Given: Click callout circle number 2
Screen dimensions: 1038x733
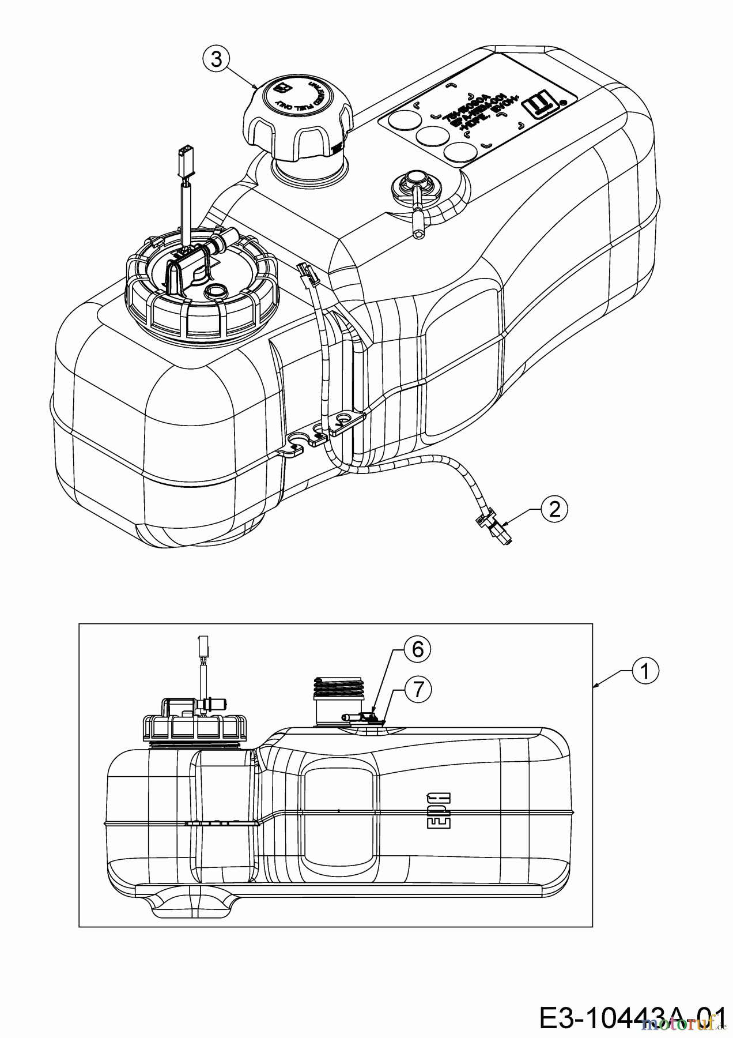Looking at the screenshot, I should point(554,508).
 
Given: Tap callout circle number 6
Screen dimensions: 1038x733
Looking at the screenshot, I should point(417,649).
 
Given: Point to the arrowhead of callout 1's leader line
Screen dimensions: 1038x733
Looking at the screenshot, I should point(596,685).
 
